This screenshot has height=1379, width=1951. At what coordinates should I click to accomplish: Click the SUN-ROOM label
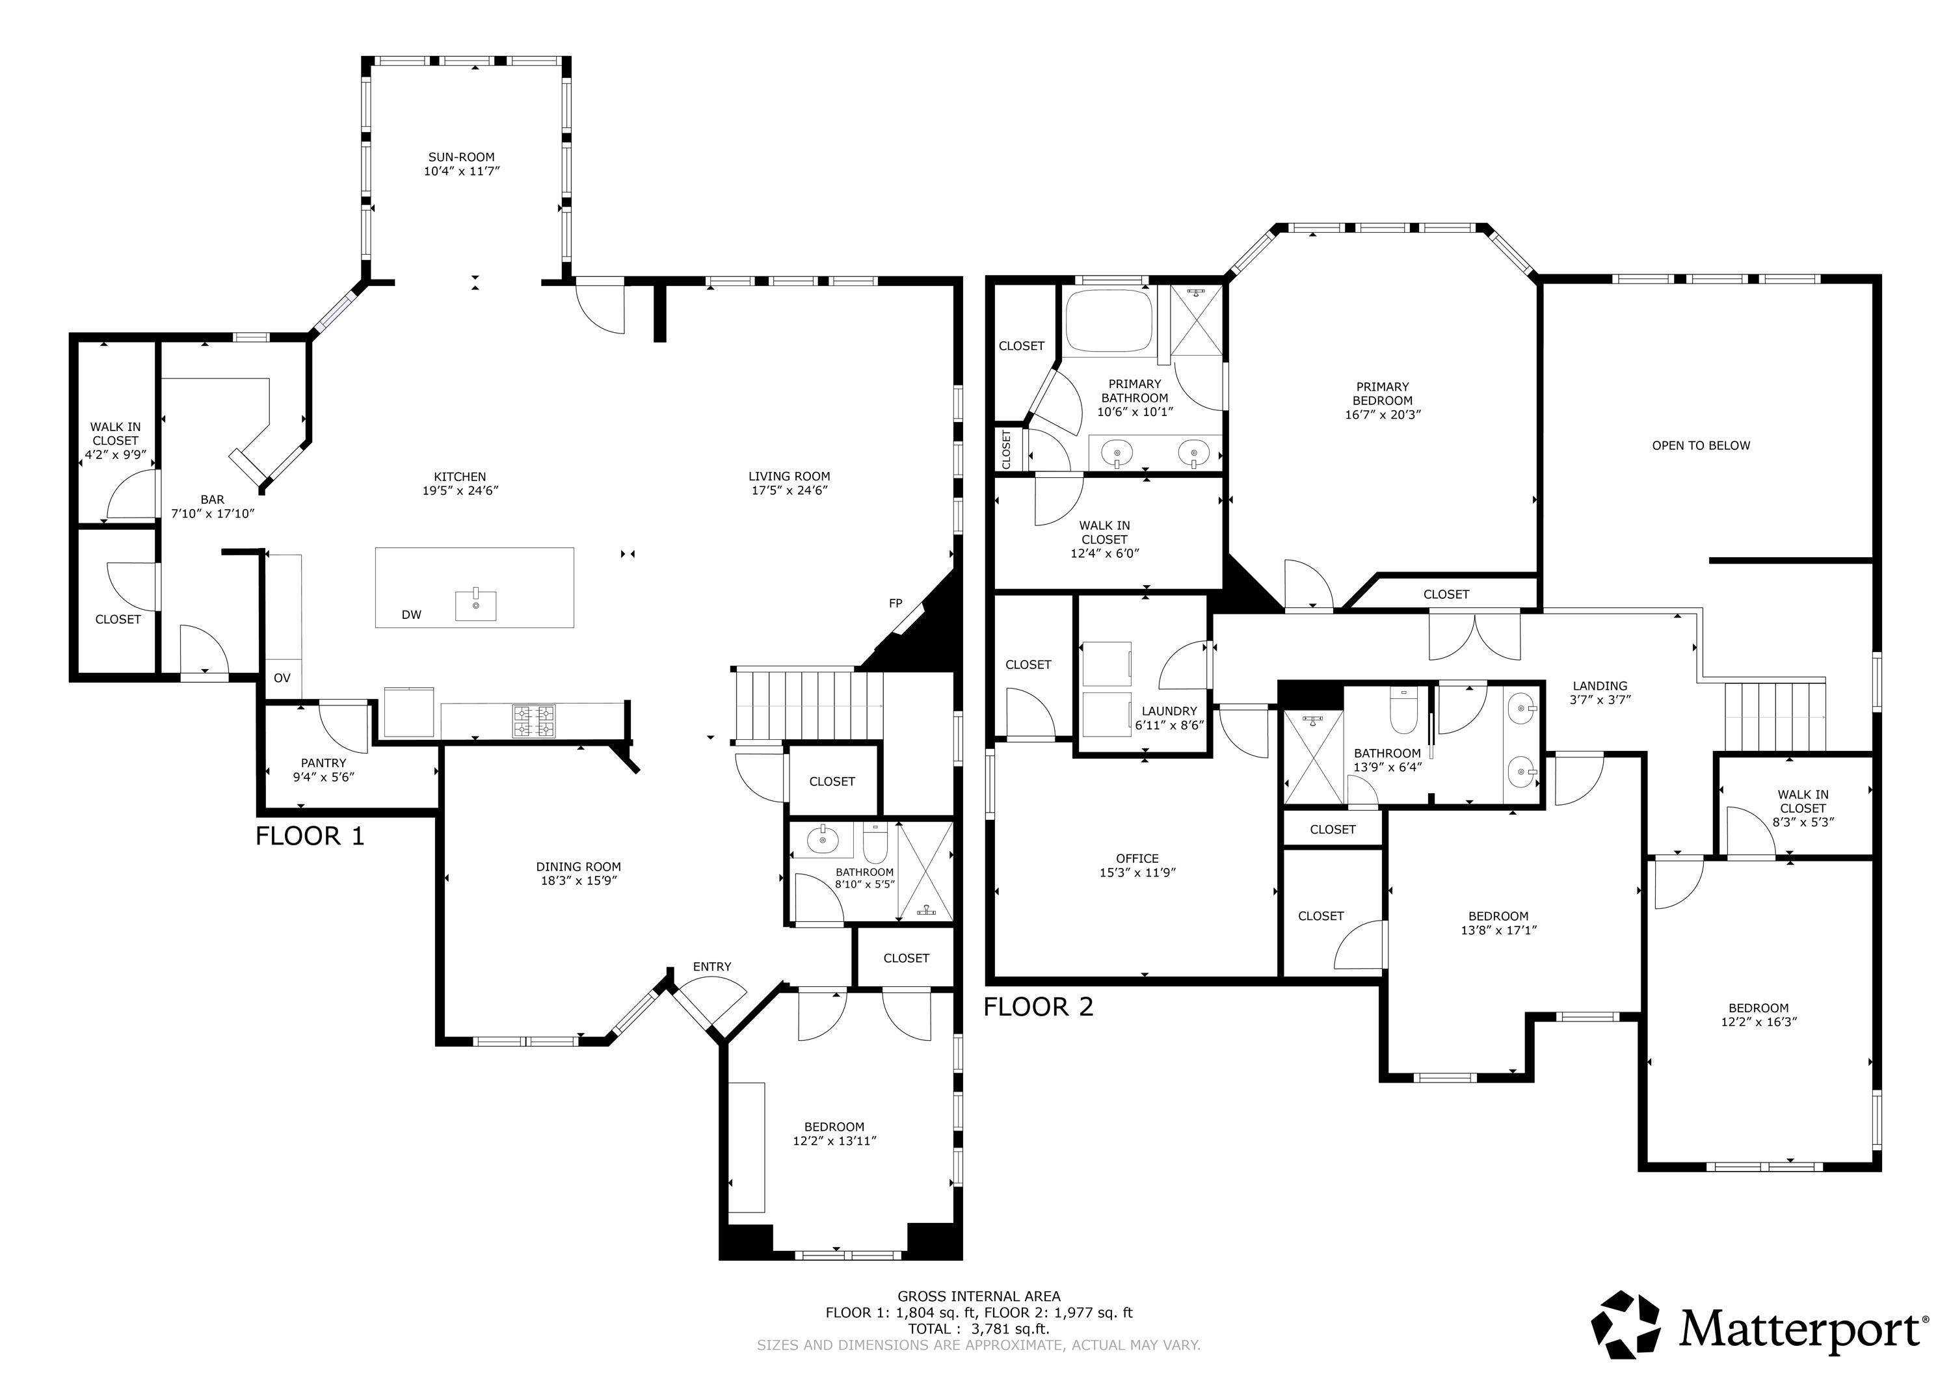pyautogui.click(x=460, y=157)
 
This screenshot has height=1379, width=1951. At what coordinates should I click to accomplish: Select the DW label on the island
pyautogui.click(x=411, y=615)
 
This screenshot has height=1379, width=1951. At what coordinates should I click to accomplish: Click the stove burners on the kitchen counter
pyautogui.click(x=534, y=722)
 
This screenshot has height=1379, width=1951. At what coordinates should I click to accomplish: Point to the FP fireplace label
pyautogui.click(x=895, y=603)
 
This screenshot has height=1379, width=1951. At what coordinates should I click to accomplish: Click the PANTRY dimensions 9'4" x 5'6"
pyautogui.click(x=323, y=776)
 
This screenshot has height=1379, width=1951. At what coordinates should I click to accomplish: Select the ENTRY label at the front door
pyautogui.click(x=711, y=967)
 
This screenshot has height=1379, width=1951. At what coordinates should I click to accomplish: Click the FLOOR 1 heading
pyautogui.click(x=310, y=836)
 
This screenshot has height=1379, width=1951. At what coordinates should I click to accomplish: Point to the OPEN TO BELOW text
pyautogui.click(x=1701, y=445)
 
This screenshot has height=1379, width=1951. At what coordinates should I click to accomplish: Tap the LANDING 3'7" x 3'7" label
pyautogui.click(x=1600, y=693)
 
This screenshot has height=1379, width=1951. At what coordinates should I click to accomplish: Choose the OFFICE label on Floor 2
pyautogui.click(x=1137, y=858)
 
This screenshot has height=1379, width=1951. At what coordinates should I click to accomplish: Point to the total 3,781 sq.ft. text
pyautogui.click(x=979, y=1329)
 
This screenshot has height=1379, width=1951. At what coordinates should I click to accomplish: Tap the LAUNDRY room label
pyautogui.click(x=1169, y=711)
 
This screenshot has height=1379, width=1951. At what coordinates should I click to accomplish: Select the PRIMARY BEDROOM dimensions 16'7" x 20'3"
pyautogui.click(x=1383, y=415)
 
